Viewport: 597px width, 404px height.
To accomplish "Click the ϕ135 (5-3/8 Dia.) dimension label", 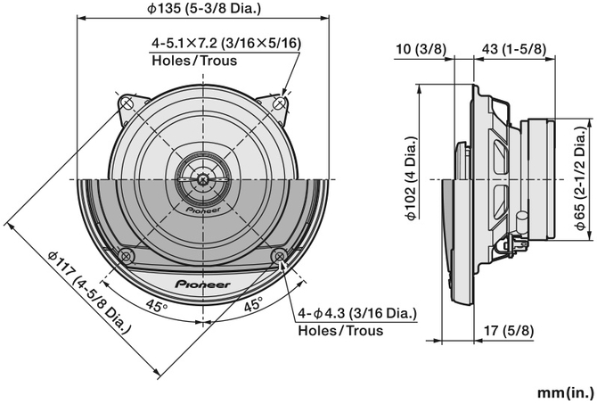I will pyautogui.click(x=209, y=10).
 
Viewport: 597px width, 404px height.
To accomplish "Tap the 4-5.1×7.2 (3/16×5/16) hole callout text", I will pyautogui.click(x=226, y=43).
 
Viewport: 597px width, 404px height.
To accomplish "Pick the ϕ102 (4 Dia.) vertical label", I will pyautogui.click(x=410, y=183).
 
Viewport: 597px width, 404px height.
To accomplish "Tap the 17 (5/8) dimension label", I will pyautogui.click(x=517, y=332).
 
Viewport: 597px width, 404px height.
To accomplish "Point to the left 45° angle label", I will pyautogui.click(x=156, y=307).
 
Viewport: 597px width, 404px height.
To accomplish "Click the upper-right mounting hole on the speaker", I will pyautogui.click(x=282, y=103).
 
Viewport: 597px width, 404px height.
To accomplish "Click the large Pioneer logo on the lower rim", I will pyautogui.click(x=203, y=284).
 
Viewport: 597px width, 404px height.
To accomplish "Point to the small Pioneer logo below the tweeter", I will pyautogui.click(x=203, y=210).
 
